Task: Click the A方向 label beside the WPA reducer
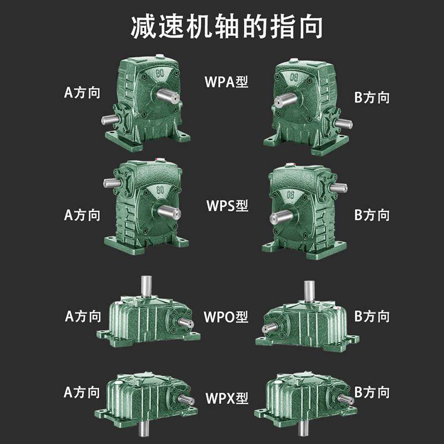click(x=82, y=92)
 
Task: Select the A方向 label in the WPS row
click(x=82, y=215)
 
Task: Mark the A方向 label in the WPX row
click(x=82, y=392)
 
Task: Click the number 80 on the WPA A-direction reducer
click(x=160, y=73)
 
